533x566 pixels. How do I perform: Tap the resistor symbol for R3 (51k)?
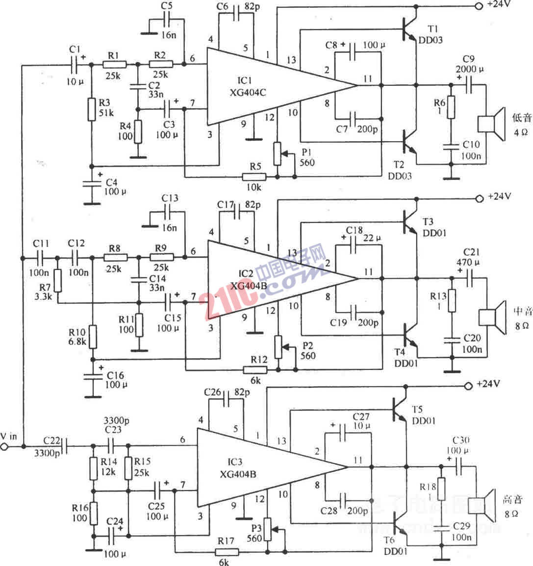pos(91,109)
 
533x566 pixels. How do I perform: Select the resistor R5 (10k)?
pos(254,176)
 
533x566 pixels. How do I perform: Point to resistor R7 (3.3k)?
pos(58,281)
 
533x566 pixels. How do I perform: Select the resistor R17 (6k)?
pos(228,552)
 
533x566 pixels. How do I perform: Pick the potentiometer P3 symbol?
pos(268,530)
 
